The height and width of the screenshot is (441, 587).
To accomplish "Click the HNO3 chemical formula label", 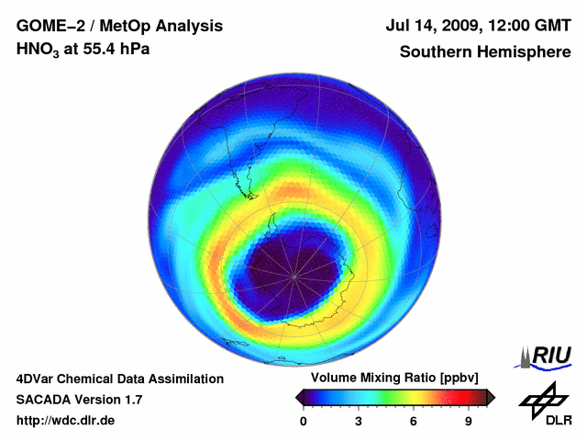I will (36, 50).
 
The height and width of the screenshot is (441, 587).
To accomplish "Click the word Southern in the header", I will (433, 51).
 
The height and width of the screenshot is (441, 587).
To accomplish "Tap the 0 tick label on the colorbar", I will (304, 422).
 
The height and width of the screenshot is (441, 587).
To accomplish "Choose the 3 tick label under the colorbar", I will (359, 422).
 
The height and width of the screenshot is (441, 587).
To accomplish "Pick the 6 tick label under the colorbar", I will (414, 422).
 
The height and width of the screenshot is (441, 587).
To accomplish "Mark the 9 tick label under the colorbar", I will (468, 422).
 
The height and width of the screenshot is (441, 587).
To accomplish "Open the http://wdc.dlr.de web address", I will (66, 421).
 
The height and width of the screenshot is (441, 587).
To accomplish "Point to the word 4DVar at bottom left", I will (38, 379).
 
